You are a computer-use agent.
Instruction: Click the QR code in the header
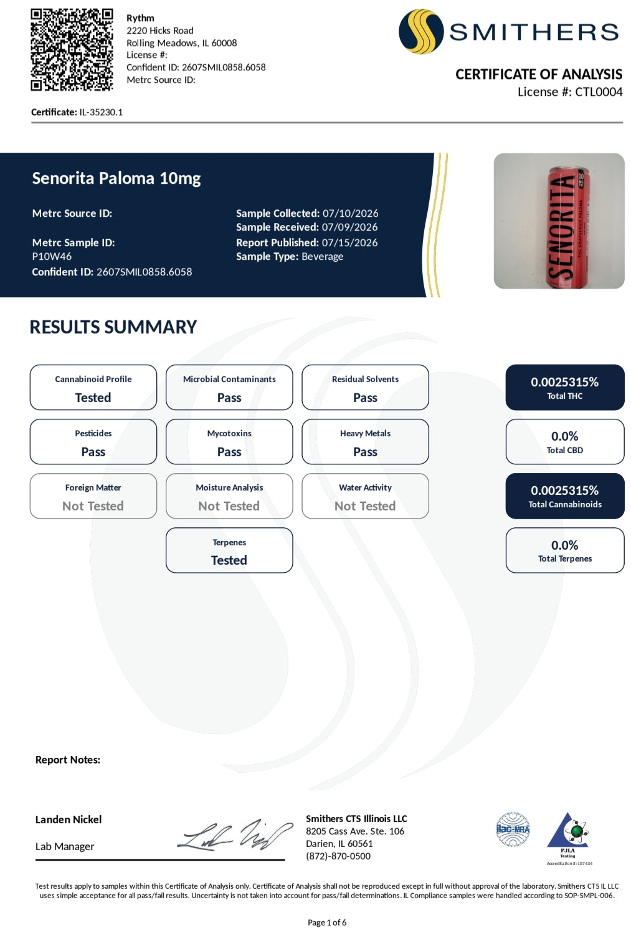click(x=72, y=50)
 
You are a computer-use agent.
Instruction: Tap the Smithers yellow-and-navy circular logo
click(x=421, y=32)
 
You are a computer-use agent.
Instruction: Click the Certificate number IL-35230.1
click(x=101, y=112)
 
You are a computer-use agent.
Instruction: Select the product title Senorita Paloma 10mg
click(x=116, y=178)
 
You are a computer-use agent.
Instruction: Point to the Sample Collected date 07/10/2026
click(x=351, y=213)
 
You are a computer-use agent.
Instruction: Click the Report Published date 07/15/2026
click(x=350, y=242)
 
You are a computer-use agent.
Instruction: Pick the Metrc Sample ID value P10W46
click(x=52, y=257)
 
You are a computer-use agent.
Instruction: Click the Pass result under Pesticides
click(x=93, y=452)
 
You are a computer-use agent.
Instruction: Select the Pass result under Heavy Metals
click(x=365, y=452)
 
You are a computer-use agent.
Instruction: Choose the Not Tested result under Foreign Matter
click(x=93, y=506)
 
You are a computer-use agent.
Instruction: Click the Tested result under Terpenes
click(x=229, y=560)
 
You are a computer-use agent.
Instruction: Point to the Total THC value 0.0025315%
click(x=565, y=382)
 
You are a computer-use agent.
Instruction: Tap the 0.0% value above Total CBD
click(x=565, y=436)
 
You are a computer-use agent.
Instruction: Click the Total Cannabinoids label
click(x=565, y=504)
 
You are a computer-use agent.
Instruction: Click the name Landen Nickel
click(x=69, y=820)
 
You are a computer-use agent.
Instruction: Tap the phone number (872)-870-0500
click(x=338, y=856)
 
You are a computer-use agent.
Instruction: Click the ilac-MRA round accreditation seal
click(x=513, y=830)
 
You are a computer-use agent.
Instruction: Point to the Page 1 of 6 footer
click(x=327, y=922)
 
